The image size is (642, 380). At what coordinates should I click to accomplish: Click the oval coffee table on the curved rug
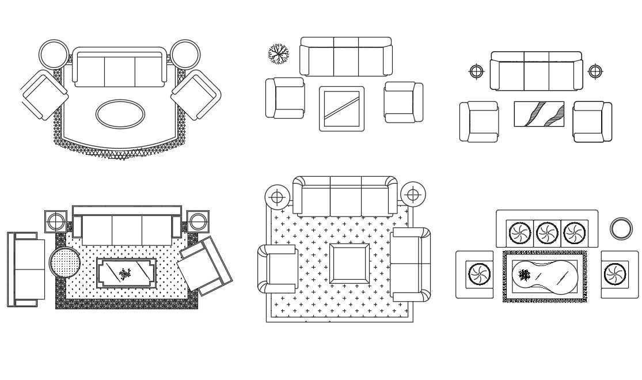(120, 114)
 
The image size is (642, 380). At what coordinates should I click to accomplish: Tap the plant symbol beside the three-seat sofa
(279, 54)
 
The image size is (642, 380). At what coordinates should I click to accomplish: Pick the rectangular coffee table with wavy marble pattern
(539, 113)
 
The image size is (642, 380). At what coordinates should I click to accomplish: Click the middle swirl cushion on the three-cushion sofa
(546, 233)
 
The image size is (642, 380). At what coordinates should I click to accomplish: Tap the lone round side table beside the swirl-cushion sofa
(621, 229)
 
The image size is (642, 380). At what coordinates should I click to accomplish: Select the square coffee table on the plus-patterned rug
(350, 263)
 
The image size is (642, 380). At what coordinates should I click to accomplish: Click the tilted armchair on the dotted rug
(205, 264)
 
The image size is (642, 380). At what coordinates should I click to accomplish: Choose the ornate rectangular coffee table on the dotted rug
(125, 273)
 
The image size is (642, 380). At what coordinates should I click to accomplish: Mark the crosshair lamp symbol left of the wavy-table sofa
(476, 71)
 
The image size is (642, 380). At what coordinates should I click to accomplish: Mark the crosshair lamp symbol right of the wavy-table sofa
(595, 71)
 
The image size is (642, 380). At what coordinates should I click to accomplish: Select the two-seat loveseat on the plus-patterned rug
(411, 264)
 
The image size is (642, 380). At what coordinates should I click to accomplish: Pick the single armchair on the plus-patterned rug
(278, 269)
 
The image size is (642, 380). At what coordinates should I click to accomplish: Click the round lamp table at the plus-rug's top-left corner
(278, 197)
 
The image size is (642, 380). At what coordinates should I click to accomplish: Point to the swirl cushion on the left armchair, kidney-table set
(477, 274)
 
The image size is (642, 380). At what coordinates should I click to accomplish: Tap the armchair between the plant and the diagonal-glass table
(285, 98)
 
